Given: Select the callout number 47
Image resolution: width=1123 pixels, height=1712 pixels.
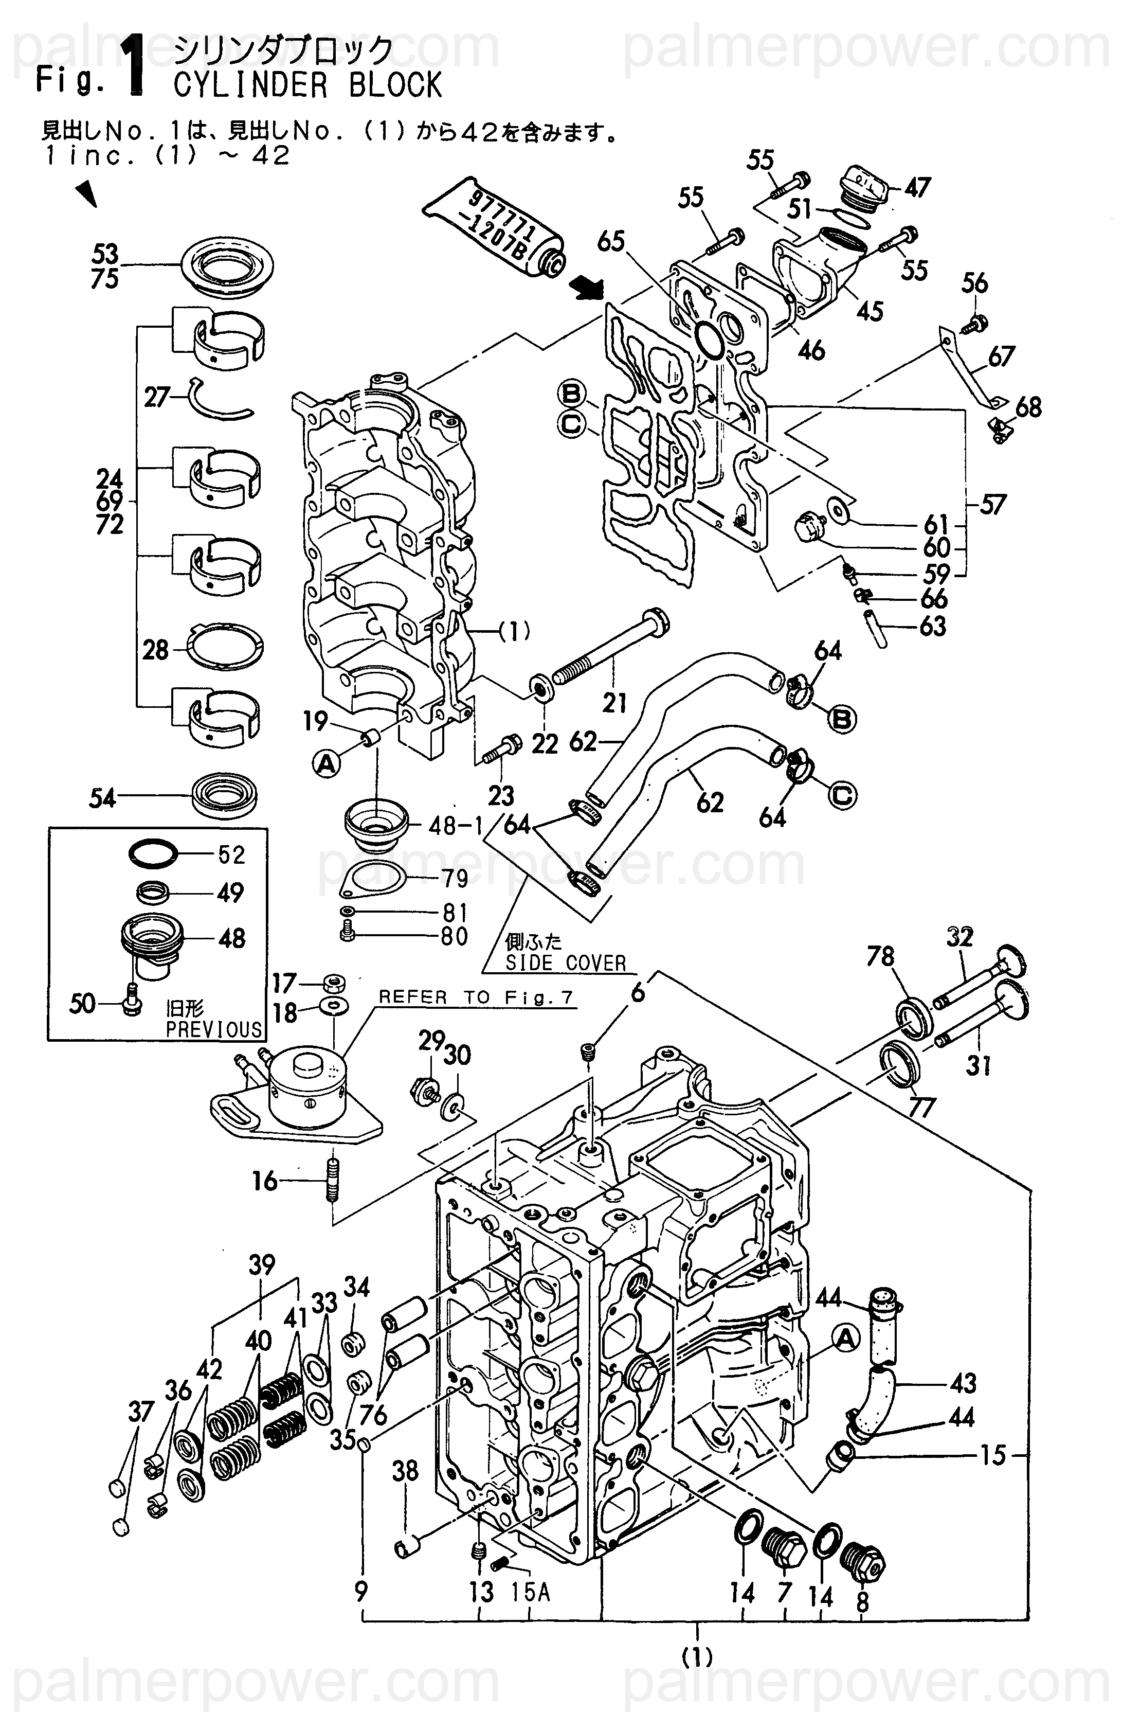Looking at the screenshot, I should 917,188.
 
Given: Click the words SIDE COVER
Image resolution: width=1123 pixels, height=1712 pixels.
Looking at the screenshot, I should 565,962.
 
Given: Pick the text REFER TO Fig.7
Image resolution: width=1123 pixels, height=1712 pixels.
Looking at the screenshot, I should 476,997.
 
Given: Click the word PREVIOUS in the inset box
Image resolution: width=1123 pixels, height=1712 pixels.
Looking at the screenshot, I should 214,1029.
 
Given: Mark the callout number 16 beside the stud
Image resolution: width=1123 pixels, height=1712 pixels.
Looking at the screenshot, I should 265,1181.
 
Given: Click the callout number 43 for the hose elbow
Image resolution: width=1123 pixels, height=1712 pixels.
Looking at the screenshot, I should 964,1383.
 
